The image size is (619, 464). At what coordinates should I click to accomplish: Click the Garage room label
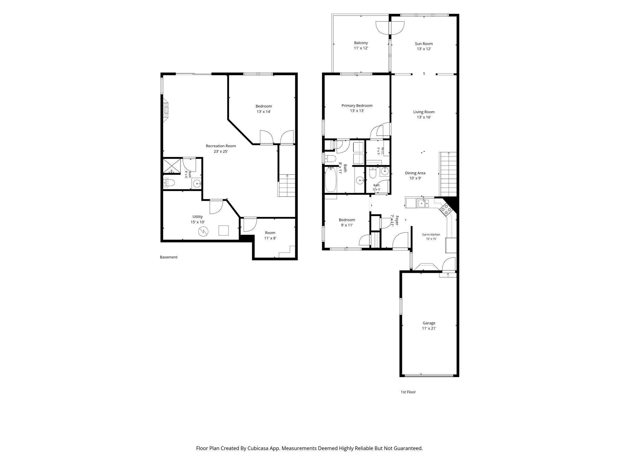(x=429, y=326)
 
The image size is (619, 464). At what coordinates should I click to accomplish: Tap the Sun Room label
(x=424, y=46)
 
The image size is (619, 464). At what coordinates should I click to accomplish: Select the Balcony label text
(x=361, y=45)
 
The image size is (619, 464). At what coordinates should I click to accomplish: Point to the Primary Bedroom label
(x=357, y=108)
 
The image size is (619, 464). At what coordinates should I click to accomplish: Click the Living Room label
(x=424, y=114)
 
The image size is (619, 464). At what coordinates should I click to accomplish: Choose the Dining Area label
(x=415, y=176)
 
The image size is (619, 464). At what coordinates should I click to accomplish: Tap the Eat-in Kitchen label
(x=431, y=237)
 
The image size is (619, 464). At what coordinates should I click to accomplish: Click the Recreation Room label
(x=221, y=148)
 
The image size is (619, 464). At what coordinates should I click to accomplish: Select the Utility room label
(x=198, y=219)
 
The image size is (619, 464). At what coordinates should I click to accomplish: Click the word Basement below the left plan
(x=169, y=257)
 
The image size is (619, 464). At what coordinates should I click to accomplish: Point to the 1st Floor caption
(x=408, y=392)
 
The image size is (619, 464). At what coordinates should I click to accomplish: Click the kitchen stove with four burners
(x=446, y=209)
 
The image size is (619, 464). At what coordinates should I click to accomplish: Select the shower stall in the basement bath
(x=172, y=166)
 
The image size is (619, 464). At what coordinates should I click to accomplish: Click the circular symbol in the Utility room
(x=203, y=232)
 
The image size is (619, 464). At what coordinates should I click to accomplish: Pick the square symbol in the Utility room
(x=224, y=230)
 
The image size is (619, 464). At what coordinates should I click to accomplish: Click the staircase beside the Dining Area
(x=448, y=175)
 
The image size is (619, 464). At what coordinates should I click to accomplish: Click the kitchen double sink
(x=423, y=203)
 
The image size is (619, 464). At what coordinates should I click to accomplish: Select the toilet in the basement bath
(x=169, y=183)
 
